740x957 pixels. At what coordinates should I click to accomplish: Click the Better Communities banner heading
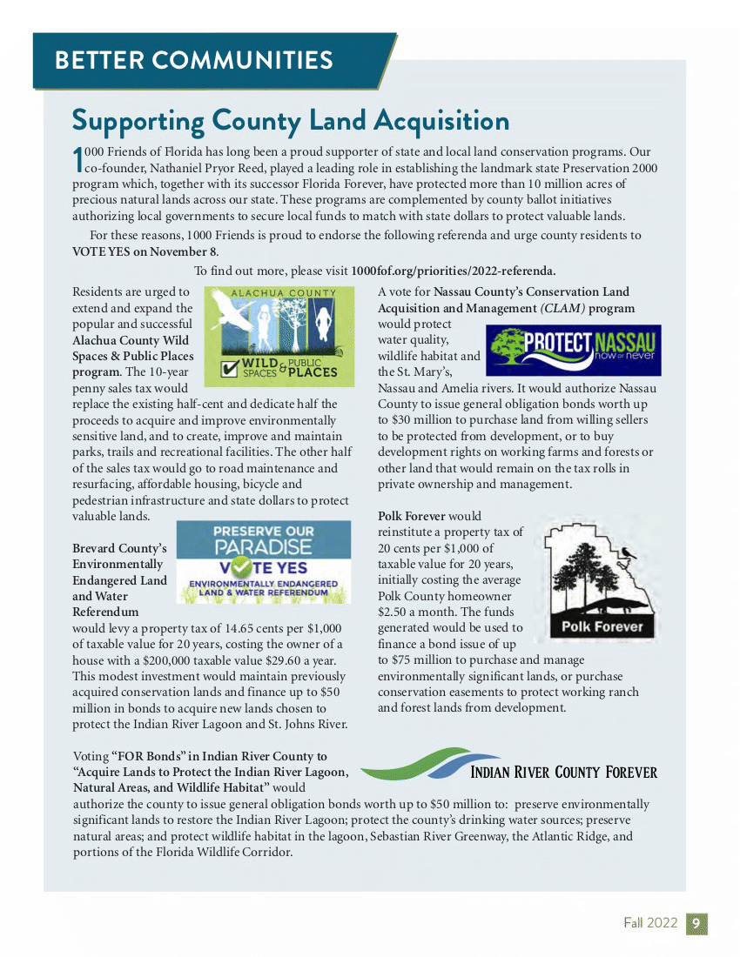tap(193, 60)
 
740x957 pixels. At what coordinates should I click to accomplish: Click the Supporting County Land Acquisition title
tap(290, 119)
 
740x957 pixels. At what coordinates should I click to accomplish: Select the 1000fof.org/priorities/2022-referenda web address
tap(453, 270)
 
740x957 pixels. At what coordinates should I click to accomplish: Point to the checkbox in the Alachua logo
tap(230, 369)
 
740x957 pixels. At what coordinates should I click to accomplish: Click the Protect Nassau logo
tap(572, 351)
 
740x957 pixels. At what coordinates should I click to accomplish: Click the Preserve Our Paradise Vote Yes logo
tap(264, 562)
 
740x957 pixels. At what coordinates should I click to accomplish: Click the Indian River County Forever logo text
tap(563, 772)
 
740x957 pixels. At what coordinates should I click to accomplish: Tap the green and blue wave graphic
tap(414, 764)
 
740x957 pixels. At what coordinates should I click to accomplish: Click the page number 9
tap(697, 923)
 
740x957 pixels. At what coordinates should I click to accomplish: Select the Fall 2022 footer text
tap(649, 923)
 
